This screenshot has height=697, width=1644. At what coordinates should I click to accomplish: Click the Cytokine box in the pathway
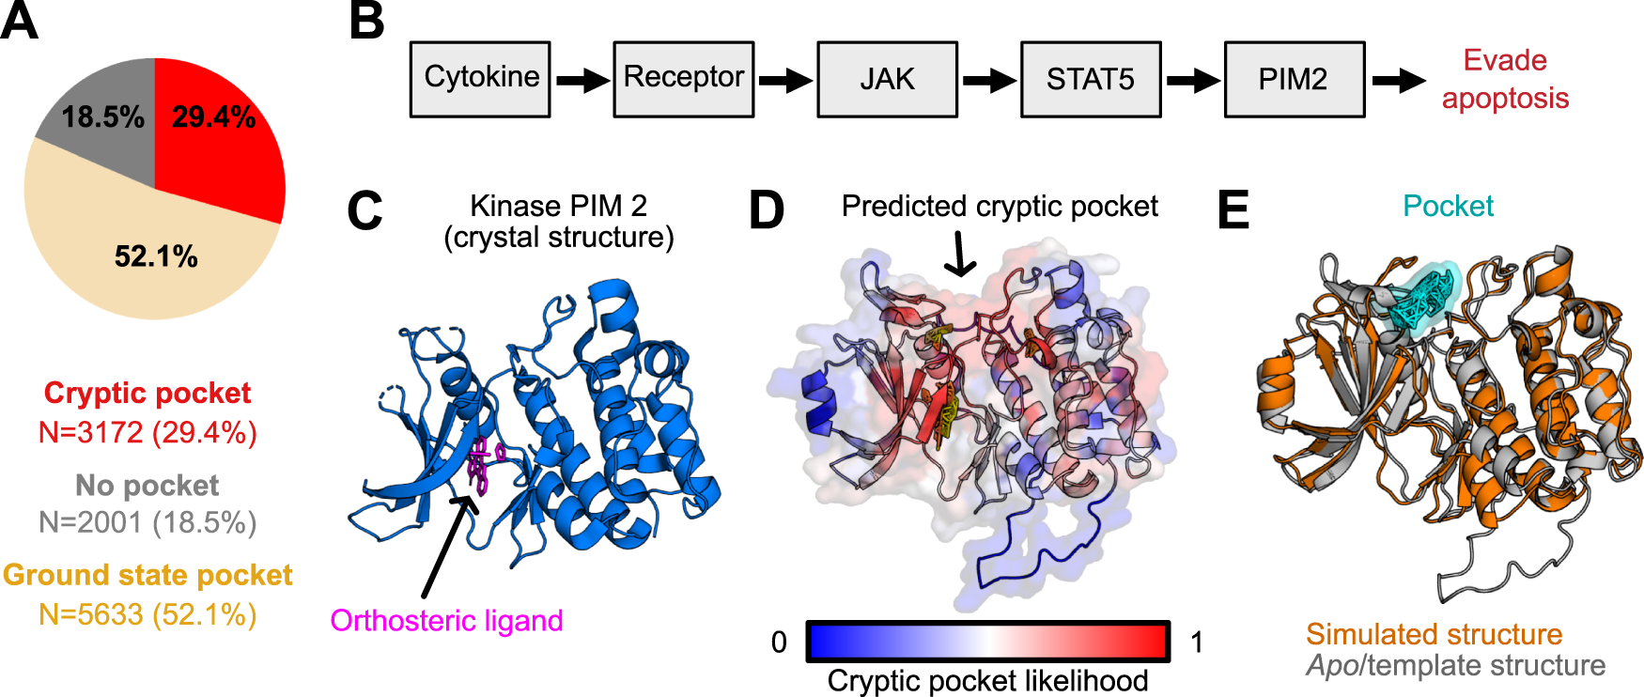480,79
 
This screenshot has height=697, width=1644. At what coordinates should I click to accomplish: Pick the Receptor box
684,79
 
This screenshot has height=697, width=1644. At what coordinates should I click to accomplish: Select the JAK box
887,79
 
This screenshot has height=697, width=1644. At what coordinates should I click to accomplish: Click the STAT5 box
1091,79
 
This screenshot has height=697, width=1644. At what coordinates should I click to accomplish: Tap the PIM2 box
1294,79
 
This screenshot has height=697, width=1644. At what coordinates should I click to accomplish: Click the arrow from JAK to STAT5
989,81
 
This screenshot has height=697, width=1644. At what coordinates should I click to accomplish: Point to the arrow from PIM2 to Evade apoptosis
1399,81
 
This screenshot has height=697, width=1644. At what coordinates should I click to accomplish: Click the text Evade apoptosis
1505,79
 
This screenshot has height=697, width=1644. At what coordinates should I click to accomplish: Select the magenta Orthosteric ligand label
446,621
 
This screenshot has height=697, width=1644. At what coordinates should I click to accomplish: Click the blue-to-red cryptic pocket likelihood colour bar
987,643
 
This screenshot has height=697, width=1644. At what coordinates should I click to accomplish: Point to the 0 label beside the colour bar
779,643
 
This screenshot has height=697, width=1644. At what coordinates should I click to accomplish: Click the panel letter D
767,210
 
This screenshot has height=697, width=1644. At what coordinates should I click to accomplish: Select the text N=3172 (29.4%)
147,433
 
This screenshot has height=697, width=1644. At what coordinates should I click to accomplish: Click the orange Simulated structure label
1434,634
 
